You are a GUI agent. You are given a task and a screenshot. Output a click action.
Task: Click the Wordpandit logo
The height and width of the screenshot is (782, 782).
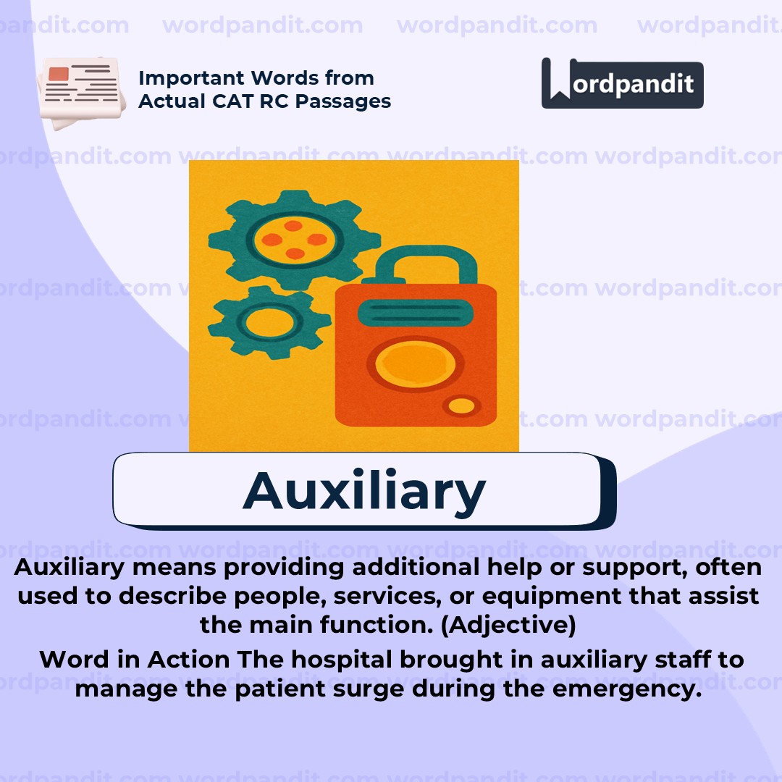(x=622, y=84)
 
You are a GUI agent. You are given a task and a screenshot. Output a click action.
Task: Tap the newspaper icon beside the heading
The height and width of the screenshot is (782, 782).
(x=79, y=92)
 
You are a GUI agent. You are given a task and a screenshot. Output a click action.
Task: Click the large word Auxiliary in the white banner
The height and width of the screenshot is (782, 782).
(x=364, y=490)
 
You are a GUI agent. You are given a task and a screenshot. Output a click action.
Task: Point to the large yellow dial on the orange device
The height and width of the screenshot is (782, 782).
(x=411, y=363)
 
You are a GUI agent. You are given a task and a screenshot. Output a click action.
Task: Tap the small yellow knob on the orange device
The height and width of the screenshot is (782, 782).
(x=461, y=406)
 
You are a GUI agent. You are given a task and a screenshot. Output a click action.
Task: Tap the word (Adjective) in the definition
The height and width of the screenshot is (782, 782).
(x=508, y=624)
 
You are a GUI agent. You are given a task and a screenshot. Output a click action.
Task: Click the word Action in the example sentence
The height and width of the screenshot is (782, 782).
(x=188, y=660)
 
